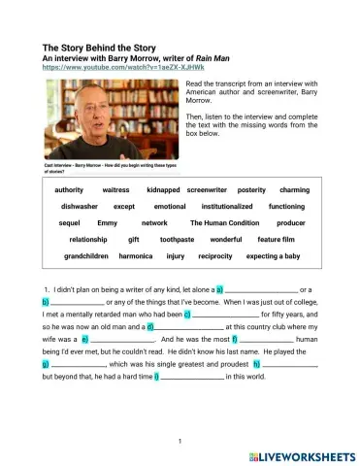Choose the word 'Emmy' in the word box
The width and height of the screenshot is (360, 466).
[108, 222]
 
